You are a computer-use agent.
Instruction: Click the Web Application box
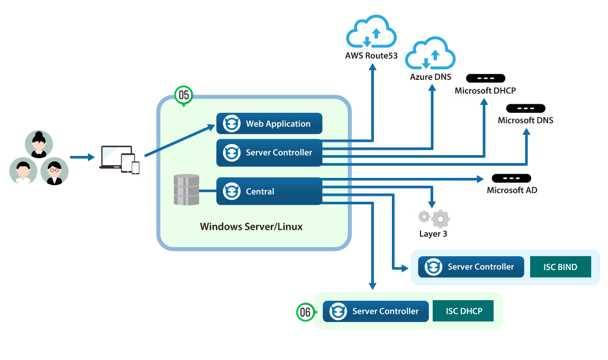(269, 124)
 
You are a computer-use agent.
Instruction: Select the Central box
(269, 191)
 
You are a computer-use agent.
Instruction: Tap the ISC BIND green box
(560, 267)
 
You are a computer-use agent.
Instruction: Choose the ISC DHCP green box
(463, 311)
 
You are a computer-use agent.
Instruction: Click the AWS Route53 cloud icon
(371, 33)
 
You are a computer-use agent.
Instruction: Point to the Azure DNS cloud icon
(431, 54)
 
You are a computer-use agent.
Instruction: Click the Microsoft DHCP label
(485, 91)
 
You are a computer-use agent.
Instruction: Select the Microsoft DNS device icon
(525, 109)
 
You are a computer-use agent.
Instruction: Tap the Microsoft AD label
(512, 190)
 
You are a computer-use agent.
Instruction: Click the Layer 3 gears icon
(434, 218)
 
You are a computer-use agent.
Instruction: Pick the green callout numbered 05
(184, 95)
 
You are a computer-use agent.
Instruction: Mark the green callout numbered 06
(305, 312)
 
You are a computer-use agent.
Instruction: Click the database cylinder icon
(186, 190)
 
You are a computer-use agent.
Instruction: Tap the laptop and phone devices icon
(120, 159)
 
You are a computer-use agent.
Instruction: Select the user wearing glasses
(55, 171)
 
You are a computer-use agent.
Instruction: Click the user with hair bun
(39, 144)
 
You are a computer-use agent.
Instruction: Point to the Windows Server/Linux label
(252, 227)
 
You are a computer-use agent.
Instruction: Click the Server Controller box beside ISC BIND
(471, 267)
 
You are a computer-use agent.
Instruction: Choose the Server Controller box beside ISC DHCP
(375, 311)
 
